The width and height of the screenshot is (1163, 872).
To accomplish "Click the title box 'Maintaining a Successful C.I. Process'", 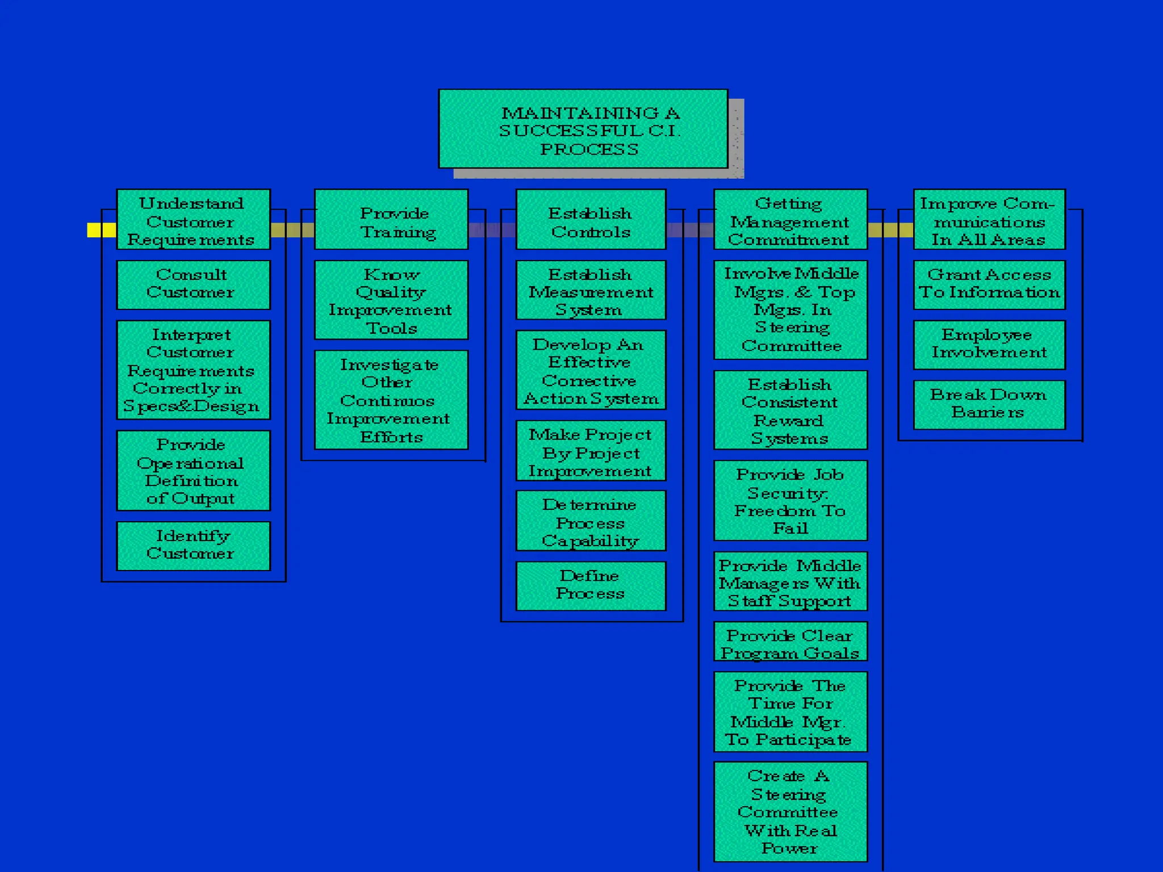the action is point(583,129).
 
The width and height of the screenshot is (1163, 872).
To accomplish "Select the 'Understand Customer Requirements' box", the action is point(193,220).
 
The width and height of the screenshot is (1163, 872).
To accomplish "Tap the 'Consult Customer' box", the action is point(193,284).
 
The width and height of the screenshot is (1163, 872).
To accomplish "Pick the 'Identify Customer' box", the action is point(193,546).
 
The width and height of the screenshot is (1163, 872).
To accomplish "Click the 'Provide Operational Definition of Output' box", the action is point(193,471).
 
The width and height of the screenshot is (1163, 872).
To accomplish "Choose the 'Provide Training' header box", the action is point(391,220).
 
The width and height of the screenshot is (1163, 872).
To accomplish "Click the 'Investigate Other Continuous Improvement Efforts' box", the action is point(391,400).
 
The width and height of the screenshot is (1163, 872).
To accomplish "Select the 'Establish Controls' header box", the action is point(591,220).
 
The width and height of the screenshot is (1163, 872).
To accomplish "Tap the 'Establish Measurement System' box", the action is point(591,290).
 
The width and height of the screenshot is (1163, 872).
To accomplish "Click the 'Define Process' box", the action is point(591,585).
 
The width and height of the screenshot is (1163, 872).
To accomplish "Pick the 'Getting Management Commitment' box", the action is point(790,220).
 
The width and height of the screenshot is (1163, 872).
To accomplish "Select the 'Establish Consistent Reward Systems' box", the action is point(790,410).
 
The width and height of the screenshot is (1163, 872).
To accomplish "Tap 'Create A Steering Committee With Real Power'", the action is point(790,812).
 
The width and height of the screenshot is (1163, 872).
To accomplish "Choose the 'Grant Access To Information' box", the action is point(989,284).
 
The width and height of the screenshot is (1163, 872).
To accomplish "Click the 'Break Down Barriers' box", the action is point(989,404).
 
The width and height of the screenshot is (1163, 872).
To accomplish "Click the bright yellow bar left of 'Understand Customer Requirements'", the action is point(101,230).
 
